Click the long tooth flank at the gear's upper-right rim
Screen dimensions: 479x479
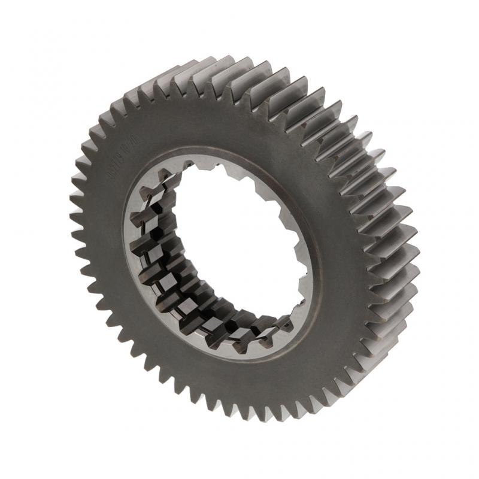coord(335,120)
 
